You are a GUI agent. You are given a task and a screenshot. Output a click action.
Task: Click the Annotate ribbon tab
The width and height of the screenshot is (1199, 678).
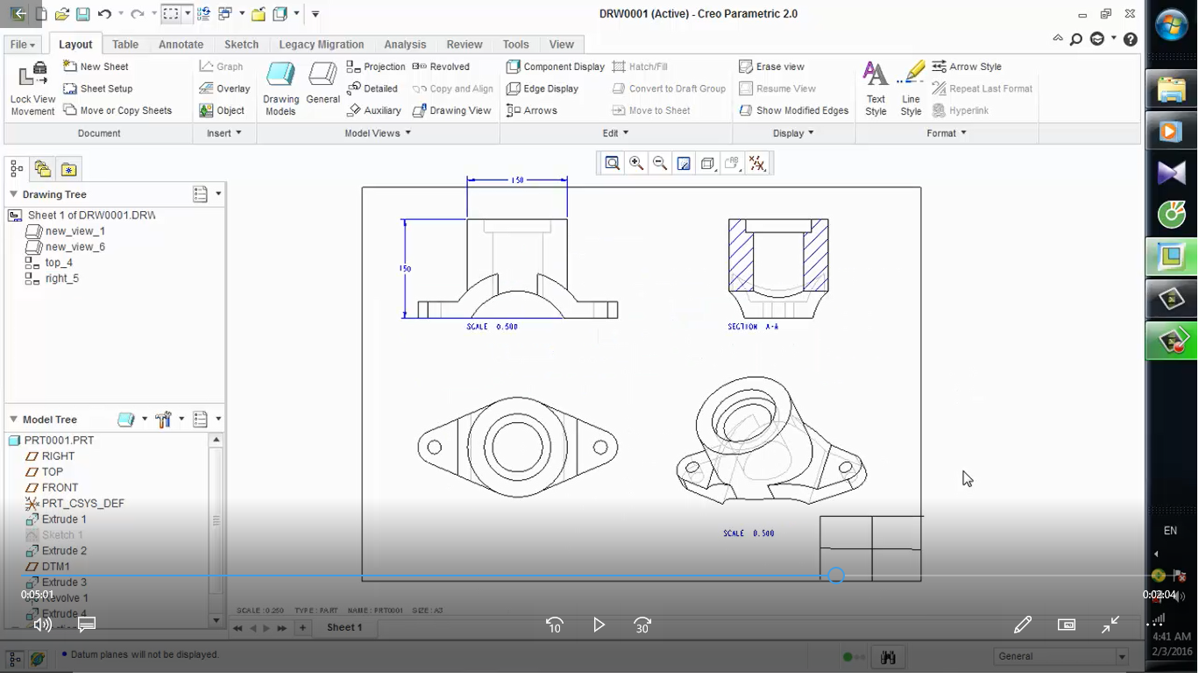coord(181,45)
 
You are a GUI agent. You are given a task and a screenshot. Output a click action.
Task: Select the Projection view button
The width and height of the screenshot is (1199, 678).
coord(376,67)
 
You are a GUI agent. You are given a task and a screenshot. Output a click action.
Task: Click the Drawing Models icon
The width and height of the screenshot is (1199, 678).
coord(280,88)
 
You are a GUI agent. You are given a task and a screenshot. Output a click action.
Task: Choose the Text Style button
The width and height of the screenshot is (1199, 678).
coord(876,88)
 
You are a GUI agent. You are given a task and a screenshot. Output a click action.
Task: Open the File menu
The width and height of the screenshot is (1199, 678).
coord(22,45)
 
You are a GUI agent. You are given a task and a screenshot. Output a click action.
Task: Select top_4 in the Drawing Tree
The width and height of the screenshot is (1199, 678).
coord(59,263)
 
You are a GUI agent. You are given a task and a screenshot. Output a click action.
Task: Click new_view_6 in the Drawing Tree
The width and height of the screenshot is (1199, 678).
coord(74,247)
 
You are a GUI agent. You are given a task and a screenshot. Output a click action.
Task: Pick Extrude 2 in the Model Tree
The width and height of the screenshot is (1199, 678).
coord(64,551)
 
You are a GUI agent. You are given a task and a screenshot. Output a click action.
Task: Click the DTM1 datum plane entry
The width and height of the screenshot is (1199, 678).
coord(55,567)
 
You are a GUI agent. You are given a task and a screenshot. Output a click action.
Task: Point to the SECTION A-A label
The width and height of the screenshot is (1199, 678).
coord(753,327)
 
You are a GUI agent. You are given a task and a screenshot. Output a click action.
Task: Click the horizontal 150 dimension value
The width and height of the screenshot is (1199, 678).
coord(517,180)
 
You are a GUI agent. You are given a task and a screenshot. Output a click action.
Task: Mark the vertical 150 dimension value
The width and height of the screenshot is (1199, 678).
coord(406,269)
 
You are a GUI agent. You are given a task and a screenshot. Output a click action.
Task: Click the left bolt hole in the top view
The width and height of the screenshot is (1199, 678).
coord(434,448)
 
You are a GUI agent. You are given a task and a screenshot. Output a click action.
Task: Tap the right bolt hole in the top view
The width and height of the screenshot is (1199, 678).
coord(600,448)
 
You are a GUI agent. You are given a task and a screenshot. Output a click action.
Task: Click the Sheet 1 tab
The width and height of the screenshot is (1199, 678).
coord(344,627)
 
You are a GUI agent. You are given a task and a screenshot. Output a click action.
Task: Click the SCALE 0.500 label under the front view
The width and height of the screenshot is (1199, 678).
coord(493,327)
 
